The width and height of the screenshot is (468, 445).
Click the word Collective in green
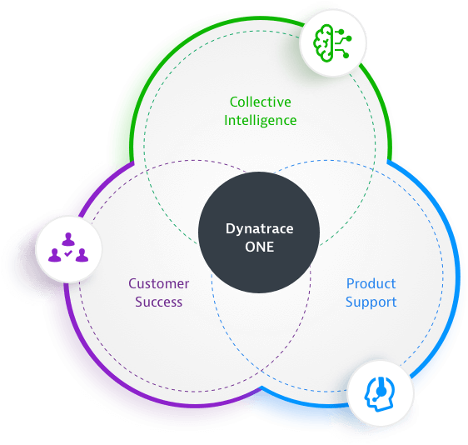261,102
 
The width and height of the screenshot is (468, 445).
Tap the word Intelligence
261,121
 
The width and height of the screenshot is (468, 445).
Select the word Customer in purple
159,283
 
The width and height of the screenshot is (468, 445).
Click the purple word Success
159,302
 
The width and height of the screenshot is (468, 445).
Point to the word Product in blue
371,283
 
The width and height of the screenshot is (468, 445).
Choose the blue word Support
371,302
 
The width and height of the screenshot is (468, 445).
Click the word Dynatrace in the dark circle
259,229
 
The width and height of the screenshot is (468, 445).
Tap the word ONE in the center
259,247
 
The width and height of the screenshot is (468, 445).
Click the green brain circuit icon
332,43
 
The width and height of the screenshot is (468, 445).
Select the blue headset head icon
380,394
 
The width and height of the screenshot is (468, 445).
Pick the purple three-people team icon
68,247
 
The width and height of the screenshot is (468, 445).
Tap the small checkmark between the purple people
68,253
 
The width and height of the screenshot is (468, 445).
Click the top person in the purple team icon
68,239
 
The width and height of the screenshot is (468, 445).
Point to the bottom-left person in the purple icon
55,255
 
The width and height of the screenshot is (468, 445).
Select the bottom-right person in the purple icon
82,255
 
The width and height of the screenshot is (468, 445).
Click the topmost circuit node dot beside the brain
341,32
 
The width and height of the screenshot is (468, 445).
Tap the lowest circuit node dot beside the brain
346,55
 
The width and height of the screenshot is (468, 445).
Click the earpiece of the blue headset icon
381,390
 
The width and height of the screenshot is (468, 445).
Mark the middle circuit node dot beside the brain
349,38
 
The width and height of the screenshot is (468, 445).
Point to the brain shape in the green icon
323,43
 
